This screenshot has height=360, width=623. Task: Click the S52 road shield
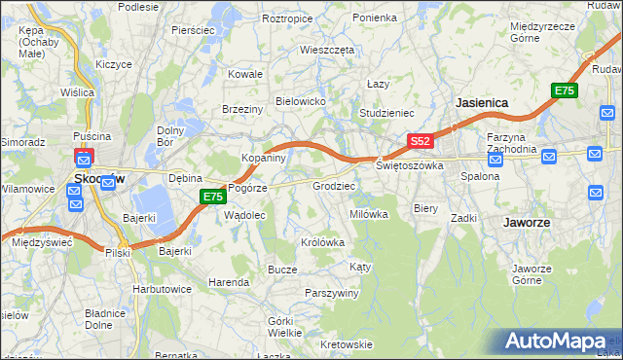420,142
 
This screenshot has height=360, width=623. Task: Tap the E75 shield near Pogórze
214,197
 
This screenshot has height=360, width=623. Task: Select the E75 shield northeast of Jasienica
564,90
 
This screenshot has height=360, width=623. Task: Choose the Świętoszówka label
410,165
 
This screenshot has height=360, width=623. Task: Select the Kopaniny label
263,157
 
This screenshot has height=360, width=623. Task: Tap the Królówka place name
324,242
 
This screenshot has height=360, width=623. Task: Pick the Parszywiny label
332,293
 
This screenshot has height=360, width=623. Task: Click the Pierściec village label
193,30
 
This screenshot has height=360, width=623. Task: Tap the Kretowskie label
347,344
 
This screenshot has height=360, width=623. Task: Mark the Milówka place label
369,214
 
